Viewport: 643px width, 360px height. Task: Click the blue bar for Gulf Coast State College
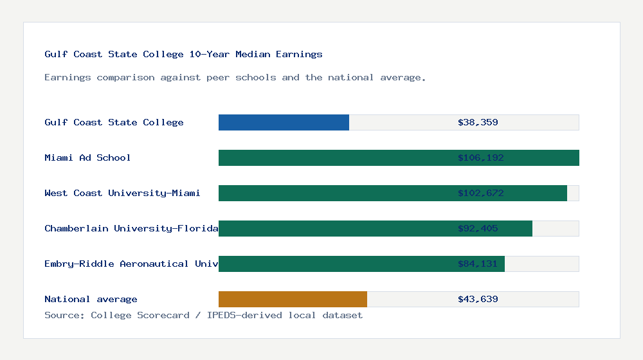(284, 122)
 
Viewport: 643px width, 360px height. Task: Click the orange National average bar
(293, 299)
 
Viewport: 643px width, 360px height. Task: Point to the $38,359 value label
(478, 122)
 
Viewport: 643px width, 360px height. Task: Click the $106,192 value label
(478, 157)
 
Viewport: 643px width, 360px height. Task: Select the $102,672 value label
(478, 193)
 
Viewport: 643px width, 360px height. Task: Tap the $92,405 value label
(478, 228)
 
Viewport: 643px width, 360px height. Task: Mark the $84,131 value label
(478, 264)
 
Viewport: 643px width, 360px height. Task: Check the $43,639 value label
(478, 299)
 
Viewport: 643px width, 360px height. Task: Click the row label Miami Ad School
(87, 157)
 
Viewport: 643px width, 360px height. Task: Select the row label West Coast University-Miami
(122, 193)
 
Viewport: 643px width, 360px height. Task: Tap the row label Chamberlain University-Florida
(131, 228)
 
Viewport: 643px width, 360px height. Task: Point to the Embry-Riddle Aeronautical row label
(131, 264)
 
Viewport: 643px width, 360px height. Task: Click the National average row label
(91, 299)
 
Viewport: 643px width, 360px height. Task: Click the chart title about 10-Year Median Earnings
(183, 54)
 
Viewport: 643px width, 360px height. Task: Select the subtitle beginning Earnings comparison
(235, 77)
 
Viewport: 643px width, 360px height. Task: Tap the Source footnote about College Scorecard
(203, 315)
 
